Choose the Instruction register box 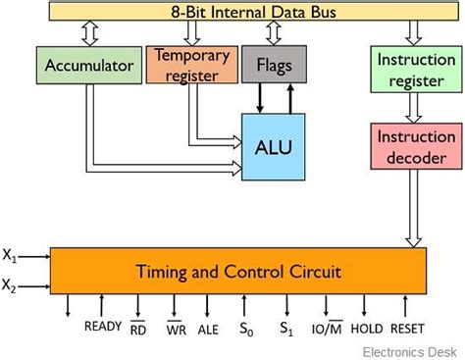(408, 70)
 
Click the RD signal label (139, 330)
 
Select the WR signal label (176, 330)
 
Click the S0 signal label (246, 331)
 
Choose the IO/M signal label (328, 330)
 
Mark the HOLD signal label (370, 330)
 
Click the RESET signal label (408, 330)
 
